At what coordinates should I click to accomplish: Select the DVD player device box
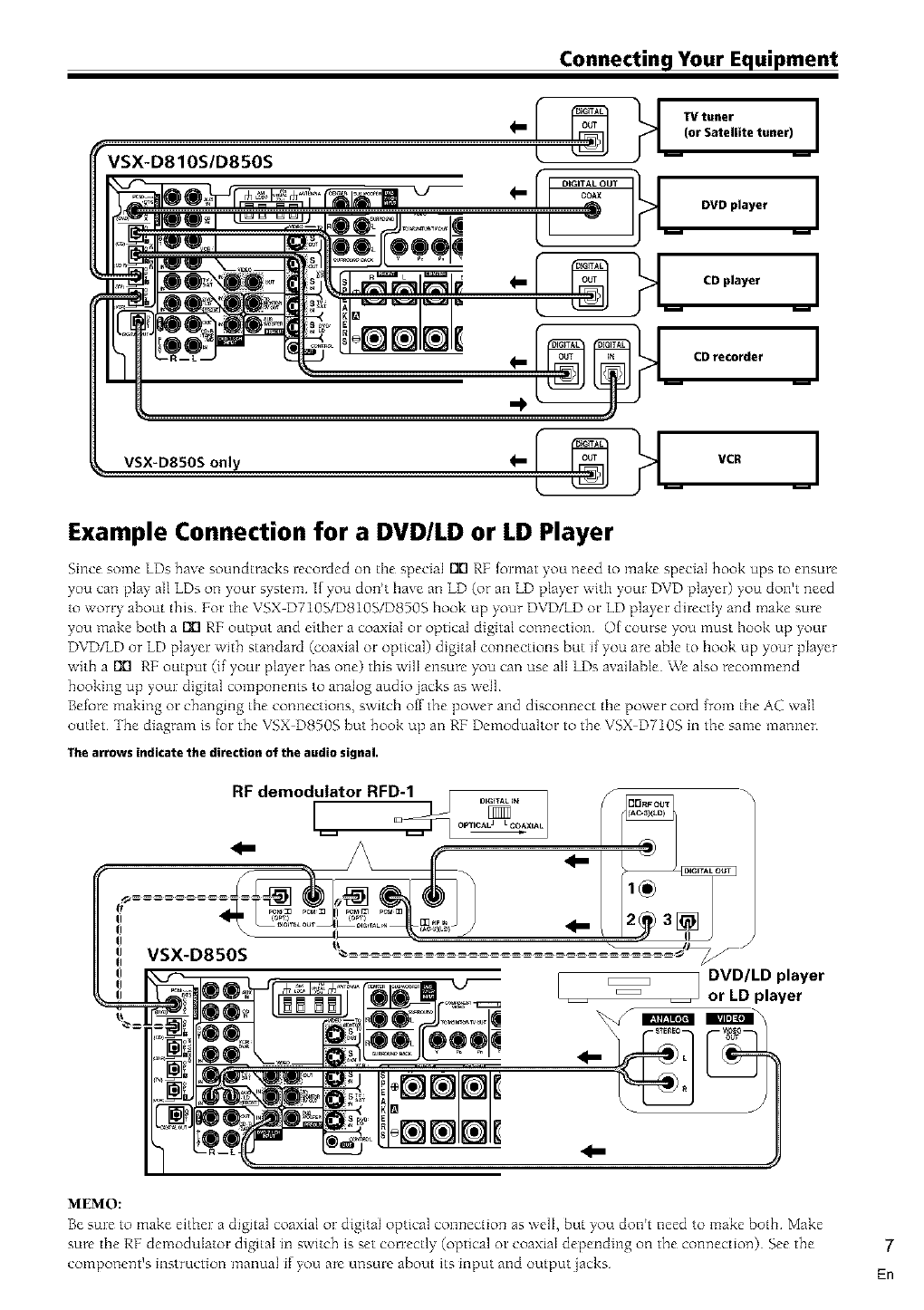coord(738,205)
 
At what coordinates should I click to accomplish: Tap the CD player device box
coord(738,281)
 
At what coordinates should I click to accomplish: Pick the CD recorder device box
coord(738,356)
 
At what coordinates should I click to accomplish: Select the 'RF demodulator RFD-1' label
coord(323,790)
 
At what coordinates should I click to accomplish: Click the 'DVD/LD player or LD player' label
coord(765,986)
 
